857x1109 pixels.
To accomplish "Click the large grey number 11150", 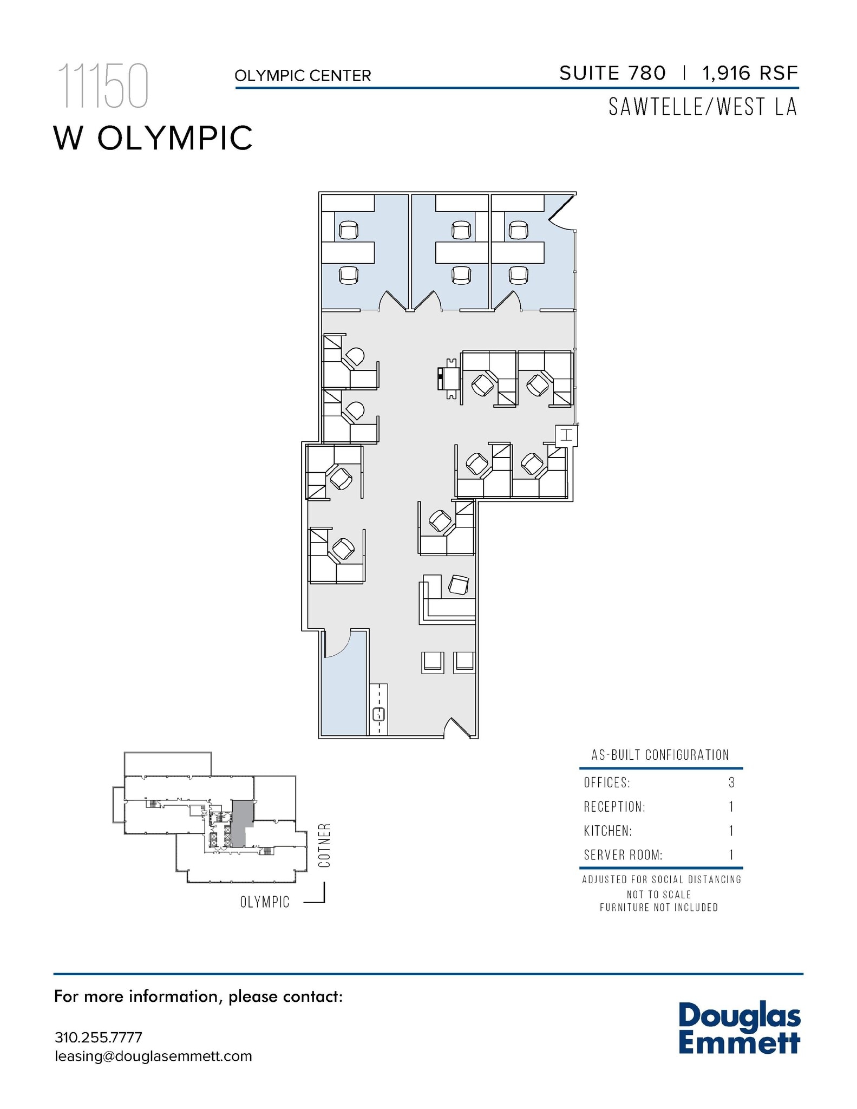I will (103, 87).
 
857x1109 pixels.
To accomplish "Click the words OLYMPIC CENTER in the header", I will (303, 76).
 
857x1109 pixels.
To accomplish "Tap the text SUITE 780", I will (612, 73).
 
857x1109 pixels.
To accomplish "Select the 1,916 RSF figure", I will (750, 73).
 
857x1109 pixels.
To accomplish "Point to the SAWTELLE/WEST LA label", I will (703, 107).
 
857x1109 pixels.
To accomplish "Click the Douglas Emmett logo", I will (739, 1028).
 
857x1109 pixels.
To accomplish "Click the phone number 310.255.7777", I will (98, 1038).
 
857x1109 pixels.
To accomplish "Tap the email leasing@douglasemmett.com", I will (153, 1056).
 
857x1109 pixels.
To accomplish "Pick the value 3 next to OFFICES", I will (731, 782).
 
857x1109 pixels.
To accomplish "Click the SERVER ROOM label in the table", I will (623, 855).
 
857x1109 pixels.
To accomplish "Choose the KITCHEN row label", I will (607, 831).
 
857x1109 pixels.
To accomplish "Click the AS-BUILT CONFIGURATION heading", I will (660, 755).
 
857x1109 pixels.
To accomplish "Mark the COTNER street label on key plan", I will (324, 846).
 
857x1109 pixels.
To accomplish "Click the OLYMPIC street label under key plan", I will (265, 902).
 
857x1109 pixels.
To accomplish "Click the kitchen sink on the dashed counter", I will (379, 714).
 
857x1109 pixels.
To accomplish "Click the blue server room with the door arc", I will (344, 693).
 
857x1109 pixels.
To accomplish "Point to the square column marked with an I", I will (566, 435).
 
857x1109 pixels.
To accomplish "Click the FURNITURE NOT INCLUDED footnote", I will (659, 908).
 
